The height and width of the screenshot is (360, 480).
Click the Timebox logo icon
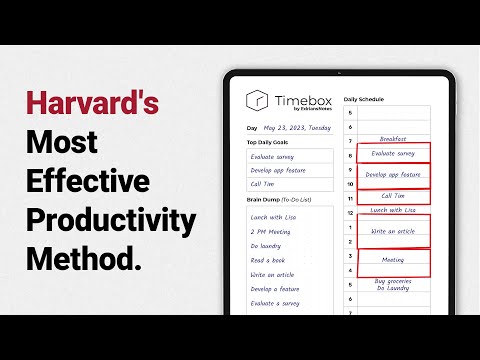pyautogui.click(x=257, y=101)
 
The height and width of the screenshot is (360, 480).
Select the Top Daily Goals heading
pyautogui.click(x=272, y=142)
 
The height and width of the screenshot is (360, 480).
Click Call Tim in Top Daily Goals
pyautogui.click(x=265, y=184)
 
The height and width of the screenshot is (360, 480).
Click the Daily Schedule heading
pyautogui.click(x=364, y=100)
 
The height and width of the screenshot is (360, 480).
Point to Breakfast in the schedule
pyautogui.click(x=393, y=139)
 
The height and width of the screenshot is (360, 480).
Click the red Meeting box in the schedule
pyautogui.click(x=393, y=259)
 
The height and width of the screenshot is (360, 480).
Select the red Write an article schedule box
pyautogui.click(x=392, y=231)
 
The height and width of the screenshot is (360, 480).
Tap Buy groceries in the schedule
pyautogui.click(x=393, y=281)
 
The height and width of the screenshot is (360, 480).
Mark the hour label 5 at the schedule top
pyautogui.click(x=350, y=112)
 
